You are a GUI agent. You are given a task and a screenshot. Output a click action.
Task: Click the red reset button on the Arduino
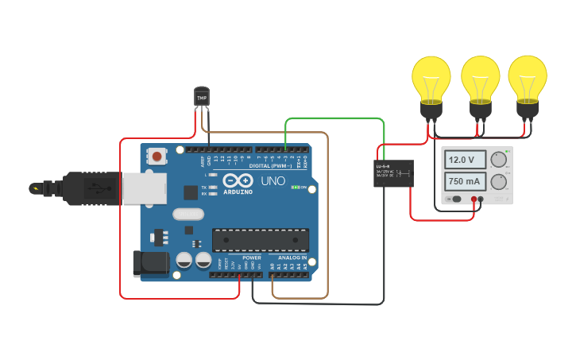click(157, 156)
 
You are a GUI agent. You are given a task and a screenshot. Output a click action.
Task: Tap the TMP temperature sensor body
click(202, 97)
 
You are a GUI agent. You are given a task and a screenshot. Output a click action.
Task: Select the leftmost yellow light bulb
click(431, 80)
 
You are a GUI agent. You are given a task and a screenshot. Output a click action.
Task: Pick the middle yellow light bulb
click(479, 80)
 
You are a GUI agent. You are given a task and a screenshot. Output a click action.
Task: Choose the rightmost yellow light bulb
click(527, 80)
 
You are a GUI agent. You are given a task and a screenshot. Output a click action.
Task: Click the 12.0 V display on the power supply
click(462, 160)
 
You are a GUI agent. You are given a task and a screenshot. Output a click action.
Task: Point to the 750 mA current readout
click(462, 181)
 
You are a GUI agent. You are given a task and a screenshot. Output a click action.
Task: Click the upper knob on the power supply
click(499, 159)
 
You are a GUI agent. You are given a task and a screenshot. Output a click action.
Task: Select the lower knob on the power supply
click(499, 182)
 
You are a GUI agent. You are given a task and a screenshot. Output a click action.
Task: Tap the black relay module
click(394, 173)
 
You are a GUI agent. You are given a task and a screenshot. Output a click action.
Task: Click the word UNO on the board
click(273, 181)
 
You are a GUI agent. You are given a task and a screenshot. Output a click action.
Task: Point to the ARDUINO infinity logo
click(238, 181)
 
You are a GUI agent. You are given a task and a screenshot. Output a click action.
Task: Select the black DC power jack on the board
click(149, 264)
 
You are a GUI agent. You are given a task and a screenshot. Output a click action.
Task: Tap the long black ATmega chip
click(260, 239)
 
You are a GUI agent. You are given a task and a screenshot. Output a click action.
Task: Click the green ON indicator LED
click(296, 188)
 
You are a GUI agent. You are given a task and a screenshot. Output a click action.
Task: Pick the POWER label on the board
click(251, 257)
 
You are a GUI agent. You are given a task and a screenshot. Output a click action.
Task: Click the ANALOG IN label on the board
click(292, 257)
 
